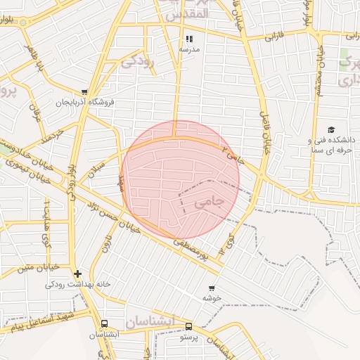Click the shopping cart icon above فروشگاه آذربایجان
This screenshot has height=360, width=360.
(84, 91)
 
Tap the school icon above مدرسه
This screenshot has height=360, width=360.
(188, 39)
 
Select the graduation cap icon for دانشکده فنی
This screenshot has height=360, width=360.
(330, 130)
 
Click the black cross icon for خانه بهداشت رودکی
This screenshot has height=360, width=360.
(77, 274)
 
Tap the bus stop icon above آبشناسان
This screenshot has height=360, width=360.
(104, 324)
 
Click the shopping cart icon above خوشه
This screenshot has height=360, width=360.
(212, 288)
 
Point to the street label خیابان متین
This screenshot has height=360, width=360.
(31, 268)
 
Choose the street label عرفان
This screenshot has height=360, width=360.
(33, 110)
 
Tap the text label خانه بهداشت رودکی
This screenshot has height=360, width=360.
(70, 284)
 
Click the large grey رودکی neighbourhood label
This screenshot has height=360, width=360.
(138, 61)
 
